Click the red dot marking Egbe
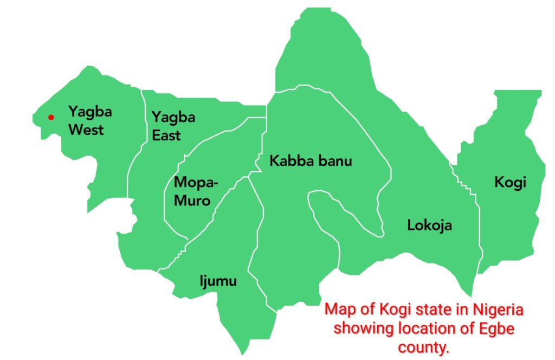pos(51,117)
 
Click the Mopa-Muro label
pos(195,191)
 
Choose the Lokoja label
pos(429,225)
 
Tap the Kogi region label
pos(510,182)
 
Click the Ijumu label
pos(217,281)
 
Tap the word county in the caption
pos(423,347)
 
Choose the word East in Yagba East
pos(166,135)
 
